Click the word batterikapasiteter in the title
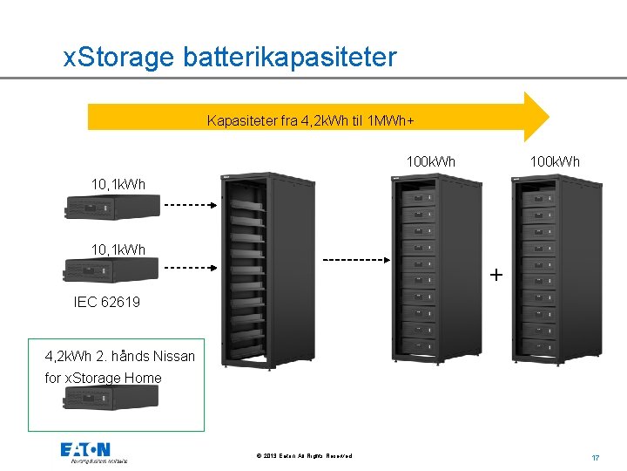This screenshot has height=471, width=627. tap(290, 58)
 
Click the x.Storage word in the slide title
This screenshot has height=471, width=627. tap(120, 58)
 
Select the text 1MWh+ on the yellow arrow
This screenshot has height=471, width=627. tap(402, 120)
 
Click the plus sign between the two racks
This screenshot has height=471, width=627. tap(496, 275)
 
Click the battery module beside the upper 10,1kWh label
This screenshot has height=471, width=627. tap(112, 207)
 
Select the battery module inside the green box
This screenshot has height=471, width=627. tap(111, 398)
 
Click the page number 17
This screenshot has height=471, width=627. tap(597, 457)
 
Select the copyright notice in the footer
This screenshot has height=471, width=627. tap(305, 456)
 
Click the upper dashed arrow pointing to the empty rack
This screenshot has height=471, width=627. tap(192, 207)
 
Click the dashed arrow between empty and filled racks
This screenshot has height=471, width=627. tap(355, 259)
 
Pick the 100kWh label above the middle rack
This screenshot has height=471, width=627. tap(431, 162)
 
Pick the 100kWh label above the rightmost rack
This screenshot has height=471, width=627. tap(556, 162)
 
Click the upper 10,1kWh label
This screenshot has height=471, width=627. tap(118, 184)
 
